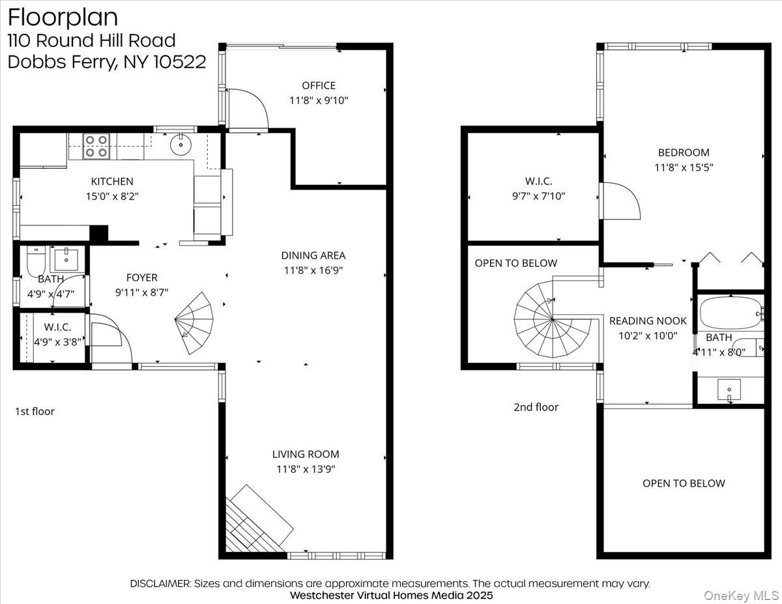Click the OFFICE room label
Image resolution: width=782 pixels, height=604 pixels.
pos(319,85)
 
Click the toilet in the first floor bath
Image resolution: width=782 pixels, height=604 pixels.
pos(36,262)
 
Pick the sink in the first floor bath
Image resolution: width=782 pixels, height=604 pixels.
pos(66,259)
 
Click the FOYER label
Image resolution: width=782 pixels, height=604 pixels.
pos(141,278)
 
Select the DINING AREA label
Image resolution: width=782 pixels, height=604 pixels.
pos(313,255)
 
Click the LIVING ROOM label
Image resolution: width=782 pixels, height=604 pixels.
pos(306,454)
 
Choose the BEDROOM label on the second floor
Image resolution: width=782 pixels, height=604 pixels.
pos(684,152)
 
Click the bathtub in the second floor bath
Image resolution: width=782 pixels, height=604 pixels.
pos(730,313)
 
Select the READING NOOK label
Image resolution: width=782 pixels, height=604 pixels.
pos(648,321)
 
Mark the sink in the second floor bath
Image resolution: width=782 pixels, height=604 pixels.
pos(729,390)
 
